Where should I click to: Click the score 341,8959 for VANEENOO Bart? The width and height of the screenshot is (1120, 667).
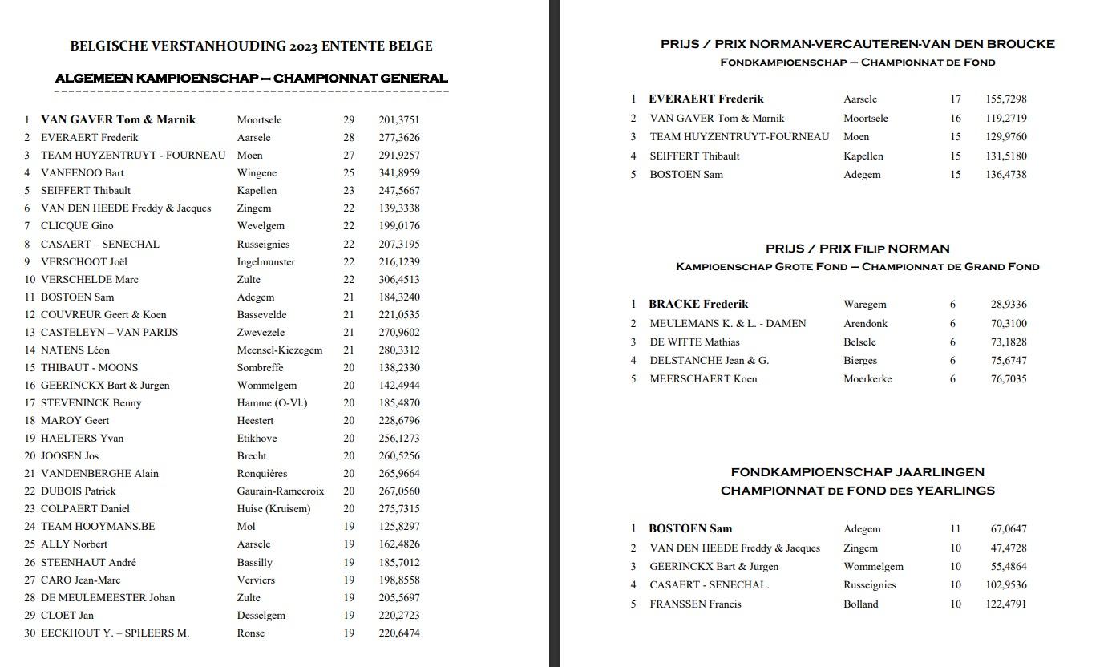[398, 172]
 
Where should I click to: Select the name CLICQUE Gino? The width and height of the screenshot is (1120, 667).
[77, 226]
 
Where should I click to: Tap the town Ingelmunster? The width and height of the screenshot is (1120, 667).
[266, 261]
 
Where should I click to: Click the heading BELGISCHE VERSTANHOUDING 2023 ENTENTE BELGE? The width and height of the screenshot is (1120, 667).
[251, 46]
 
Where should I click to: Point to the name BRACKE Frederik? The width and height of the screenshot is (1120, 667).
[698, 305]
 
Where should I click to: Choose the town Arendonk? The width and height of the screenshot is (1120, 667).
[866, 324]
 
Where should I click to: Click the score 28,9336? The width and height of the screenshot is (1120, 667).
[1008, 305]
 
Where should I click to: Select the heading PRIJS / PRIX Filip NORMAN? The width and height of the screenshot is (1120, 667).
[857, 249]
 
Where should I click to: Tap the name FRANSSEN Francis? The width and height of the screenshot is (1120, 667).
[695, 604]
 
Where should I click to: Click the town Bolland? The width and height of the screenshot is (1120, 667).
[860, 604]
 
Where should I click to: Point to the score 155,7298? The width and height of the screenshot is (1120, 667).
[1005, 99]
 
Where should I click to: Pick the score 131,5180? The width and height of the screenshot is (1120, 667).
[1005, 156]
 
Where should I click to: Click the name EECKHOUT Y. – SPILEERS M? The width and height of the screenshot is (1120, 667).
[115, 633]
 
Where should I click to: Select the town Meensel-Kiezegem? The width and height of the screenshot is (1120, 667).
[279, 350]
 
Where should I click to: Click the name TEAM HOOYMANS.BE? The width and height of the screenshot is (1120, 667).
[98, 527]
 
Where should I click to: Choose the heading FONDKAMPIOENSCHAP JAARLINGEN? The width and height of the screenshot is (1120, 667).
[857, 472]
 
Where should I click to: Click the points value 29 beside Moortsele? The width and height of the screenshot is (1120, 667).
[349, 120]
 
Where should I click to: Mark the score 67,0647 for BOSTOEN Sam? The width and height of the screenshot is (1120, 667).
[1008, 529]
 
